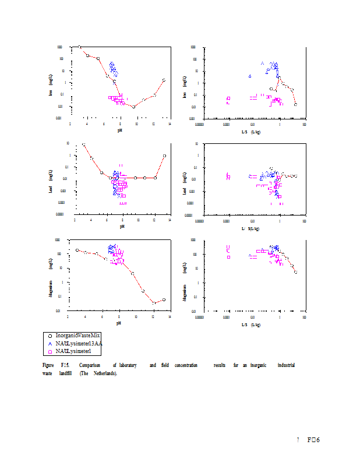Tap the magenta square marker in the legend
pyautogui.click(x=50, y=351)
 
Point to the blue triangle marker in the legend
pyautogui.click(x=50, y=344)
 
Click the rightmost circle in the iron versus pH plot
pyautogui.click(x=164, y=80)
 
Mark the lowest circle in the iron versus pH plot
pyautogui.click(x=133, y=107)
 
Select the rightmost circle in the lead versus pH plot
pyautogui.click(x=165, y=156)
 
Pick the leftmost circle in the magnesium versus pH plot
pyautogui.click(x=77, y=250)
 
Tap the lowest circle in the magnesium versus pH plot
pyautogui.click(x=154, y=303)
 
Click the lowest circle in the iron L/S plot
pyautogui.click(x=295, y=104)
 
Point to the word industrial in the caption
pyautogui.click(x=286, y=365)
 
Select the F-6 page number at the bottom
pyautogui.click(x=314, y=440)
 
